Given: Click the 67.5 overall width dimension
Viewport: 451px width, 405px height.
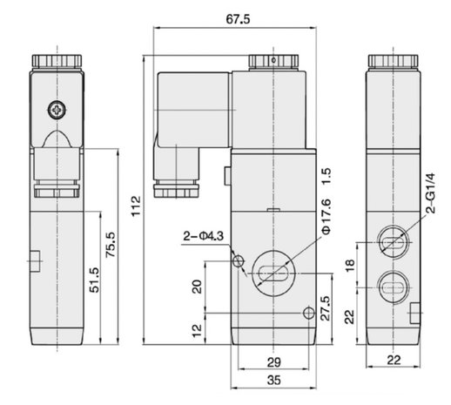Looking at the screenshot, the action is [x=238, y=19].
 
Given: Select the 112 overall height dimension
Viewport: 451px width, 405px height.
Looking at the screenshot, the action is [x=136, y=206].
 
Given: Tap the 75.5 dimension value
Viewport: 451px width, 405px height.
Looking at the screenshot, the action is [x=111, y=245].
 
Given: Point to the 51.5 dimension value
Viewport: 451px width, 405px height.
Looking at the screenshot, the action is [x=94, y=280].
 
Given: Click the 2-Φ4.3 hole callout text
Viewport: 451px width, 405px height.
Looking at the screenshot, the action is [x=204, y=236].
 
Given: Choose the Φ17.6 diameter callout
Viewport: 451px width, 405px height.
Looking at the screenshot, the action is [x=326, y=216].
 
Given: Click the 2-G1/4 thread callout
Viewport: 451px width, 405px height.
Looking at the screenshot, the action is [x=431, y=193].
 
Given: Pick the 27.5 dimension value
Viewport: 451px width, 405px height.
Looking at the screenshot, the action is [x=326, y=308].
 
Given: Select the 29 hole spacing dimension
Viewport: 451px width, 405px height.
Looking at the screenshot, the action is [x=274, y=362].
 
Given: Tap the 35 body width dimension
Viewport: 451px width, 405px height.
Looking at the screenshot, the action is [x=274, y=380].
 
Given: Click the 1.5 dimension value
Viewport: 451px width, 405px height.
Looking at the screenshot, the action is [x=326, y=176].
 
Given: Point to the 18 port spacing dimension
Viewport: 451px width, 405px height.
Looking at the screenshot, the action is [x=350, y=265].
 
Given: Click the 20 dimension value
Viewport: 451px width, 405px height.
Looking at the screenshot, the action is [x=197, y=287].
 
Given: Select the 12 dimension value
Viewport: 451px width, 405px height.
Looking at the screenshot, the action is [x=197, y=330].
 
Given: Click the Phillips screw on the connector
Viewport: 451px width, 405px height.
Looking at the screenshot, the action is [x=57, y=110].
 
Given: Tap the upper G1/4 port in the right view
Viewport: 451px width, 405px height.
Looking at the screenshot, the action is [x=394, y=242].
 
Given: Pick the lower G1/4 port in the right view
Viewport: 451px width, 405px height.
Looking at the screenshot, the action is [x=394, y=287].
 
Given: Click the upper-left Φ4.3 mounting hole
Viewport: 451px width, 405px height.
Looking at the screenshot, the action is [x=239, y=261].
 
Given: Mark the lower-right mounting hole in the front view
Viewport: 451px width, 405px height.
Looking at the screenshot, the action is [x=309, y=313].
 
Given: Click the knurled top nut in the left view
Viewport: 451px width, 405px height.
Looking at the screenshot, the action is [x=57, y=61].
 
